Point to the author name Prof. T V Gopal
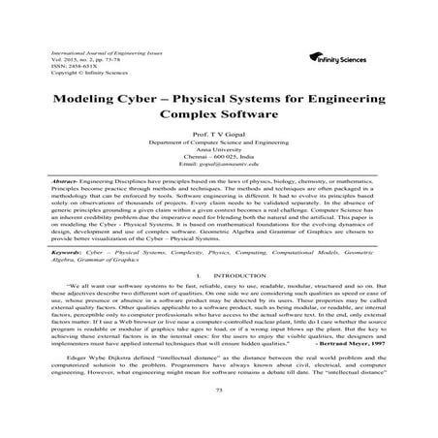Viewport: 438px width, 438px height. point(219,143)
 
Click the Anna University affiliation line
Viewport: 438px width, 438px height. point(219,159)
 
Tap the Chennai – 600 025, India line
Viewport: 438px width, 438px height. point(219,167)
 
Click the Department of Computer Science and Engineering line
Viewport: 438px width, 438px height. point(219,151)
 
